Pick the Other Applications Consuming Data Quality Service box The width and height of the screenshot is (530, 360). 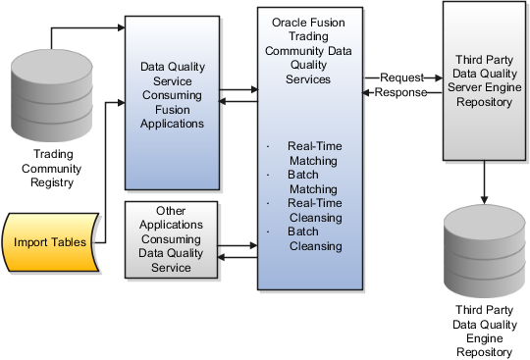171,238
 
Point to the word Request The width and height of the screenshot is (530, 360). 403,77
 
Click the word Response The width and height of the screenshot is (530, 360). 400,93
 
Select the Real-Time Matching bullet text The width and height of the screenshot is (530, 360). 313,153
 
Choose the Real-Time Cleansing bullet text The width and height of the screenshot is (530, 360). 313,209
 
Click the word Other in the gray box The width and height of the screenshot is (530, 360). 171,211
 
